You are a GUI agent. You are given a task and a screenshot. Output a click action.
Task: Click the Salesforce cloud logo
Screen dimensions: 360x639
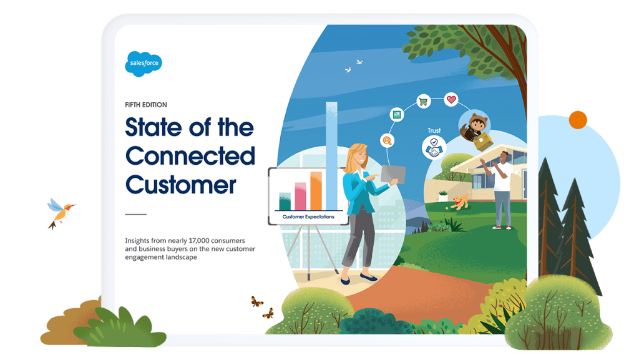click(144, 63)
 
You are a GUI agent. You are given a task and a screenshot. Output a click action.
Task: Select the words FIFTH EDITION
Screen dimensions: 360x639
click(146, 105)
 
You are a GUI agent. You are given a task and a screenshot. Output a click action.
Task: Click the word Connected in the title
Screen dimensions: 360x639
click(190, 156)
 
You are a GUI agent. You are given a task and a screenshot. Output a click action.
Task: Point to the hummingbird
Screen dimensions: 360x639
click(61, 212)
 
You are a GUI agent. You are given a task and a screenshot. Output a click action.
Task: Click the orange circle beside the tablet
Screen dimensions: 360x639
click(578, 120)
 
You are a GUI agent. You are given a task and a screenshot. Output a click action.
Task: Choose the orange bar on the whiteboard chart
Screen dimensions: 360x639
click(316, 190)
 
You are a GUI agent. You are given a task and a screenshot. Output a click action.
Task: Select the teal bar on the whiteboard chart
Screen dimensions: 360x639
click(285, 201)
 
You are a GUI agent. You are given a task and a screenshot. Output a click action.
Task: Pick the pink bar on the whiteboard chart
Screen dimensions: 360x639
click(300, 196)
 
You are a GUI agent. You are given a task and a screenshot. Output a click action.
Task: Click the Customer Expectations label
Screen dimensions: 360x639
click(308, 217)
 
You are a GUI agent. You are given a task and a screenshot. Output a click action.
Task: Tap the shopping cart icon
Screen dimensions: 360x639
click(422, 102)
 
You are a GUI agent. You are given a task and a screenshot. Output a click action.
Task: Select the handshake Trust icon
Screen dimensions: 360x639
click(434, 147)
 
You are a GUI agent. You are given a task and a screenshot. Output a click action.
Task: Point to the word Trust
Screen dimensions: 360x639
click(434, 130)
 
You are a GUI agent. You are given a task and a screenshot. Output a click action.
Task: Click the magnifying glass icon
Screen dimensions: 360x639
click(387, 141)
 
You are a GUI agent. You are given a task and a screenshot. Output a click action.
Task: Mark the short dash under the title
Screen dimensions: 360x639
click(135, 214)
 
